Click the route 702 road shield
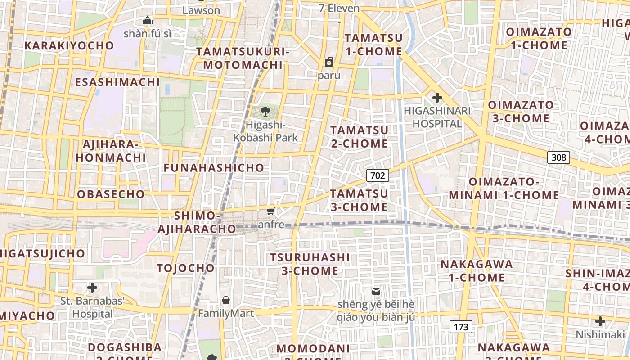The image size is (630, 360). tap(377, 175)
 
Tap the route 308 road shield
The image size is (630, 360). tap(558, 157)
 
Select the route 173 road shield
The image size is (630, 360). tap(461, 327)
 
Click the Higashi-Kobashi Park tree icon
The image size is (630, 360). tap(265, 111)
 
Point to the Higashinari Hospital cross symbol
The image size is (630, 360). tap(437, 97)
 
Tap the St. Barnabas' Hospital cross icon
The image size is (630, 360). tap(92, 287)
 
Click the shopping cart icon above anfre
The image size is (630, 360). tap(270, 211)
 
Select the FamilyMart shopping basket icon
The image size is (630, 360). tap(226, 300)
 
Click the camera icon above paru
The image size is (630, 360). tap(329, 62)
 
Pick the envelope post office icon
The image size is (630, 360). tap(376, 291)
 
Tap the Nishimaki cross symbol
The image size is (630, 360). tap(600, 321)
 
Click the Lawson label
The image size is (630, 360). tap(201, 10)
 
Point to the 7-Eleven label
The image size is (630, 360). tap(339, 9)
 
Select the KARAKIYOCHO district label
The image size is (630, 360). tap(69, 45)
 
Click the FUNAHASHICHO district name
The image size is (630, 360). tap(214, 168)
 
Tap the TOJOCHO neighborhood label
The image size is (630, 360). tap(186, 268)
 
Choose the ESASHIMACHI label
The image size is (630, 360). tap(117, 82)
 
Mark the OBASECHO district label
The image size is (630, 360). tap(111, 194)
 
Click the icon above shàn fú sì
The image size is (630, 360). tap(147, 20)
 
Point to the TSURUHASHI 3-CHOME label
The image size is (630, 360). tap(310, 264)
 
